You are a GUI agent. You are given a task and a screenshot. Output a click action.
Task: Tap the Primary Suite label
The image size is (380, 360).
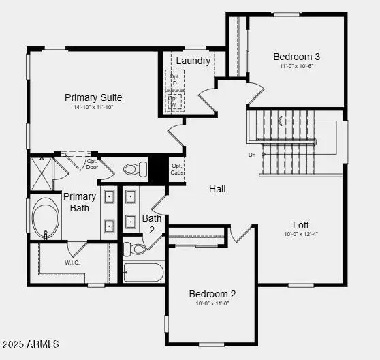(x=94, y=97)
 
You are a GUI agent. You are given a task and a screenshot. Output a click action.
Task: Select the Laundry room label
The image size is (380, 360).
(x=193, y=61)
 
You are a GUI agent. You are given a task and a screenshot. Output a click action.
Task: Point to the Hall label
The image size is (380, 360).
(x=217, y=189)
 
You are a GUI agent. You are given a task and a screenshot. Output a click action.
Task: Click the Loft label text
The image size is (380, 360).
(x=301, y=225)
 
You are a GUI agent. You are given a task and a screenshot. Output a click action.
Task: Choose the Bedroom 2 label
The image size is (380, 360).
(x=212, y=294)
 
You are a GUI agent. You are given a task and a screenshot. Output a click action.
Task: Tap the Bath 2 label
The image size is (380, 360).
(x=152, y=224)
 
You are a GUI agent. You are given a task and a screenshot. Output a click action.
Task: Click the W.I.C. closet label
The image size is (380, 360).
(x=74, y=262)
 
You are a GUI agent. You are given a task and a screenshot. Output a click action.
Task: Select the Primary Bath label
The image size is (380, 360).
(x=80, y=202)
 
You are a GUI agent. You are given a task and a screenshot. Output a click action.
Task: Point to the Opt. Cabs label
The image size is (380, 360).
(x=177, y=169)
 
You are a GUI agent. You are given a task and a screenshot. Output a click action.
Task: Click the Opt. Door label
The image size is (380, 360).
(x=92, y=164)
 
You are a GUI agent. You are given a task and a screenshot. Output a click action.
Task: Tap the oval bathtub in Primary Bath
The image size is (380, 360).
(x=46, y=216)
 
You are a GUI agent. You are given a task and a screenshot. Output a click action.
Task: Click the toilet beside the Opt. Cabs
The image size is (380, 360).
(x=135, y=168)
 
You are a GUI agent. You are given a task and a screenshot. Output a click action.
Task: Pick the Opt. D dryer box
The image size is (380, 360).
(x=174, y=80)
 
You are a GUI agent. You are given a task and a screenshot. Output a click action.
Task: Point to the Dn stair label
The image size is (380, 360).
(x=253, y=155)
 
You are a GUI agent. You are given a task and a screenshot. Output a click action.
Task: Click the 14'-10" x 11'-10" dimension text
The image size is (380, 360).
(x=94, y=108)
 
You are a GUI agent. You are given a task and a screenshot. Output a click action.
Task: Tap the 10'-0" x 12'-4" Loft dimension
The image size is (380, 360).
(x=301, y=235)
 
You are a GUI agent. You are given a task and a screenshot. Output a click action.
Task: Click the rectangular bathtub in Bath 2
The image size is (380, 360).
(x=143, y=273)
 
